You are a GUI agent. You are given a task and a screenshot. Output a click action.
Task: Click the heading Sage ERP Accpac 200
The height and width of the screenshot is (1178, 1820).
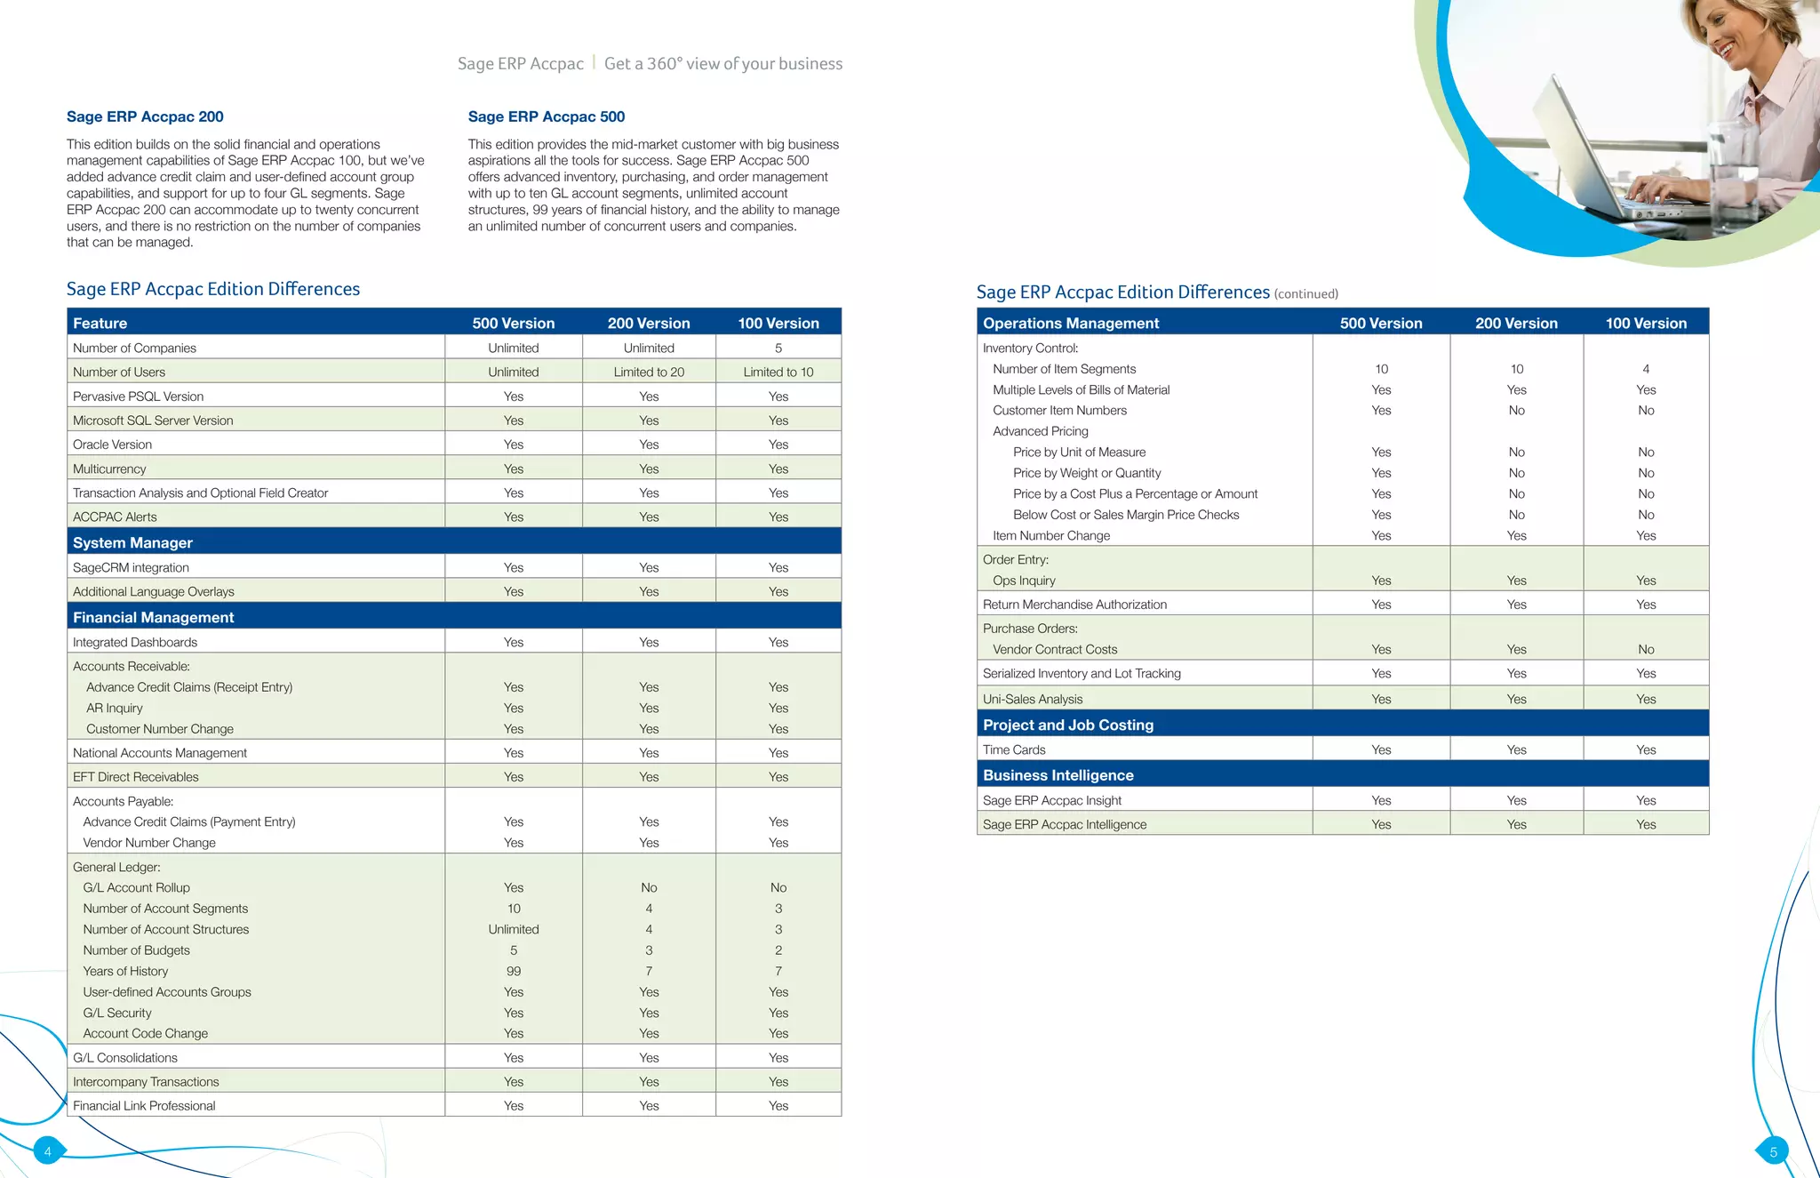pos(145,116)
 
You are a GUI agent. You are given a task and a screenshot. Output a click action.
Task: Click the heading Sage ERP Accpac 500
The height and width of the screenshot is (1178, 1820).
pos(547,116)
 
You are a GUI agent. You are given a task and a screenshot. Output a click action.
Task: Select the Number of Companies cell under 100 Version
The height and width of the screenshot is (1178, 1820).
pos(778,348)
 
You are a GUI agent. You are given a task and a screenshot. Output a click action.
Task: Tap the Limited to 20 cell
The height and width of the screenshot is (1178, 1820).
pos(649,372)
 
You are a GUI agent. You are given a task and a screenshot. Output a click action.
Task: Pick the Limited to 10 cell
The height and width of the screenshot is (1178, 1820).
pos(778,372)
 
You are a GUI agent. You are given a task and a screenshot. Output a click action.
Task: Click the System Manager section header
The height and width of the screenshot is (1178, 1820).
pos(133,542)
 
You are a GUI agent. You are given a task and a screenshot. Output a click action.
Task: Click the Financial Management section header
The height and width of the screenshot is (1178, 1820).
pos(154,617)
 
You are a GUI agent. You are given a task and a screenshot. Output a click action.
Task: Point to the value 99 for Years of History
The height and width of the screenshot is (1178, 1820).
pos(514,971)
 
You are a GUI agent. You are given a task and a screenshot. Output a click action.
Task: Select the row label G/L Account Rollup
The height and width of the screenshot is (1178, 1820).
pos(137,887)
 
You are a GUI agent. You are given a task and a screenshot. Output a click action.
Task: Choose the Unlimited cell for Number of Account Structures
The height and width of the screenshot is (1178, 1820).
pos(514,929)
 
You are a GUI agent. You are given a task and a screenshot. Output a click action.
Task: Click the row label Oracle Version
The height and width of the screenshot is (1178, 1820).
pos(113,445)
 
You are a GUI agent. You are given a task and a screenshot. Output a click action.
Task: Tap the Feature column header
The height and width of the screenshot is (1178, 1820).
pos(100,323)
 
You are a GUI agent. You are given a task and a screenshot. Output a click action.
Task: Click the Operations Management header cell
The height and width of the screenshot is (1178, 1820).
pos(1071,323)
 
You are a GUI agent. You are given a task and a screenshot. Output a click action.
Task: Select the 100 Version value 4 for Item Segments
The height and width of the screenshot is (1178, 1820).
pos(1646,369)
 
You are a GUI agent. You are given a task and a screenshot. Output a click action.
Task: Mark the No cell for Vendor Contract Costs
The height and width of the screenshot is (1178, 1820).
pos(1646,649)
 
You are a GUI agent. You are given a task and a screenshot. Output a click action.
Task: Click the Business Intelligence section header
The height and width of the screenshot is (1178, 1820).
pos(1058,775)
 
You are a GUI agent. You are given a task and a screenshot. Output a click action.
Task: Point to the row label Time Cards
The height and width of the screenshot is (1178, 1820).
pos(1014,749)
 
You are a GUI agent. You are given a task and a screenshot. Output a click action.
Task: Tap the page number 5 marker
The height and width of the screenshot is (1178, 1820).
pos(1773,1152)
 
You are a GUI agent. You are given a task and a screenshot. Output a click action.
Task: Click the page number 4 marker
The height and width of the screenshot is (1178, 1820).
pos(48,1151)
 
